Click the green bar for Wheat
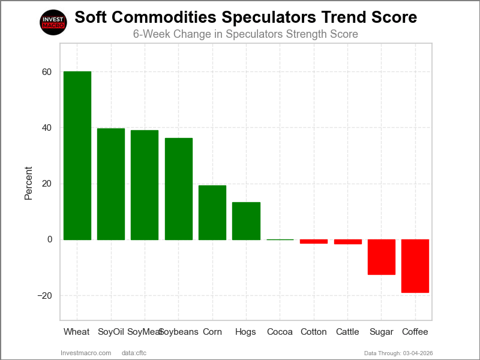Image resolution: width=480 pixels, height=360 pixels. (77, 155)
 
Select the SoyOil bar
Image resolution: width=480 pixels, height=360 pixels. (111, 184)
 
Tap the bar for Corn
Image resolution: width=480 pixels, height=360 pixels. (212, 212)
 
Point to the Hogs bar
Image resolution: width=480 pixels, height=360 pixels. (246, 221)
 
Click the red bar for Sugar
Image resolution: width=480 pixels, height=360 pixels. (382, 257)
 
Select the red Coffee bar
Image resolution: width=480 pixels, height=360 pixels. (415, 266)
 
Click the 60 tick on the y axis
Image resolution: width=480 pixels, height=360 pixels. (47, 72)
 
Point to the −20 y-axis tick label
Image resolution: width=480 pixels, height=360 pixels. (44, 296)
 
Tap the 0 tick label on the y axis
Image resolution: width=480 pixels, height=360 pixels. (49, 239)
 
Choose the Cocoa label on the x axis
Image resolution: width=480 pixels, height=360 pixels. (280, 332)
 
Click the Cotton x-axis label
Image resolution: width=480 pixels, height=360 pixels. (314, 332)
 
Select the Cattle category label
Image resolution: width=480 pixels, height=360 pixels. (348, 332)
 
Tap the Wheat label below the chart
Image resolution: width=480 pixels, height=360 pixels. (77, 332)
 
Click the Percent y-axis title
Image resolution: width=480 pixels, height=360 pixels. (28, 184)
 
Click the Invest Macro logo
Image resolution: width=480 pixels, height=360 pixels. (53, 22)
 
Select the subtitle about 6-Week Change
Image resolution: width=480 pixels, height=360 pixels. (245, 34)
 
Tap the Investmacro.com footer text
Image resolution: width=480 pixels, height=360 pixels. (86, 353)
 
